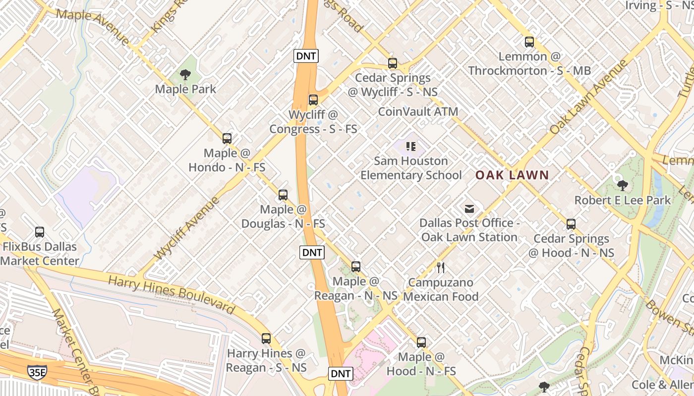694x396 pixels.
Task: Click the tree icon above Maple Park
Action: [x=185, y=75]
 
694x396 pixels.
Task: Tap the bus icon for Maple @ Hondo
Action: [x=227, y=139]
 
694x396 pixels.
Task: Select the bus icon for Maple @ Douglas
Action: [x=283, y=195]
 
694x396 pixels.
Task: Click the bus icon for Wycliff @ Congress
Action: [x=313, y=100]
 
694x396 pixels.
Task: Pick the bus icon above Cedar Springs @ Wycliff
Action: [x=393, y=63]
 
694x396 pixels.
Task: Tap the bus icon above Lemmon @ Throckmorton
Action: [x=529, y=42]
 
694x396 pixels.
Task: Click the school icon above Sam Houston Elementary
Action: [x=410, y=146]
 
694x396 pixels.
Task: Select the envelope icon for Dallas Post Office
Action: [x=469, y=209]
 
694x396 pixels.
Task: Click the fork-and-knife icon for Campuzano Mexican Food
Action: [x=441, y=268]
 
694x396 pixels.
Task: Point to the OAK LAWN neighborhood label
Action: [x=512, y=175]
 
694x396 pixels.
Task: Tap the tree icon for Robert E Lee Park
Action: [x=623, y=186]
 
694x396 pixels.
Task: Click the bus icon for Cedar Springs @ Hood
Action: [x=571, y=224]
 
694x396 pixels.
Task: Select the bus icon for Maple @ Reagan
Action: [x=356, y=267]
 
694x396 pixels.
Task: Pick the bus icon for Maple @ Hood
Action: [x=421, y=342]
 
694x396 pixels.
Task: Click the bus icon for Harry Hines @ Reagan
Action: [x=266, y=339]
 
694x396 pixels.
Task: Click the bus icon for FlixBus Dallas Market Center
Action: [x=40, y=232]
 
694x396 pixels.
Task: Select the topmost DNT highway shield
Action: [x=305, y=56]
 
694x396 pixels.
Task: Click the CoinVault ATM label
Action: [x=418, y=111]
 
